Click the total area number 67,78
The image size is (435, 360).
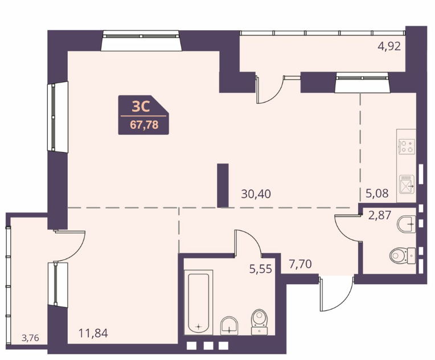coord(144,125)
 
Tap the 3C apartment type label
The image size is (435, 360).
coord(141,107)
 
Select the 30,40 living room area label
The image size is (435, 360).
coord(256,194)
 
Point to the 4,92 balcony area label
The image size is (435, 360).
coord(389,46)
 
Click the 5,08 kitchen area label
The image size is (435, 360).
coord(377,193)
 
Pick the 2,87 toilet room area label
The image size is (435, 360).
coord(380,215)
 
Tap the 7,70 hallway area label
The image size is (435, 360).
coord(300,264)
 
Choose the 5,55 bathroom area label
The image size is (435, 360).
coord(261,269)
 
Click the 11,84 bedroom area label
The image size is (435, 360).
coord(93,333)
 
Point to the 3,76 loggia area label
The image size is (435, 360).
coord(30,338)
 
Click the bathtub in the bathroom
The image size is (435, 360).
coord(198,302)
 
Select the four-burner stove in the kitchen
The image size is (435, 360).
coord(407,146)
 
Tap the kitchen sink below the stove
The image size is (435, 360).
coord(407,185)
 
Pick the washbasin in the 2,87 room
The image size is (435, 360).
coord(407,224)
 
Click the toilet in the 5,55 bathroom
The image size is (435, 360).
coord(260,322)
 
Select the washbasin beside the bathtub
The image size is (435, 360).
coord(229,326)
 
